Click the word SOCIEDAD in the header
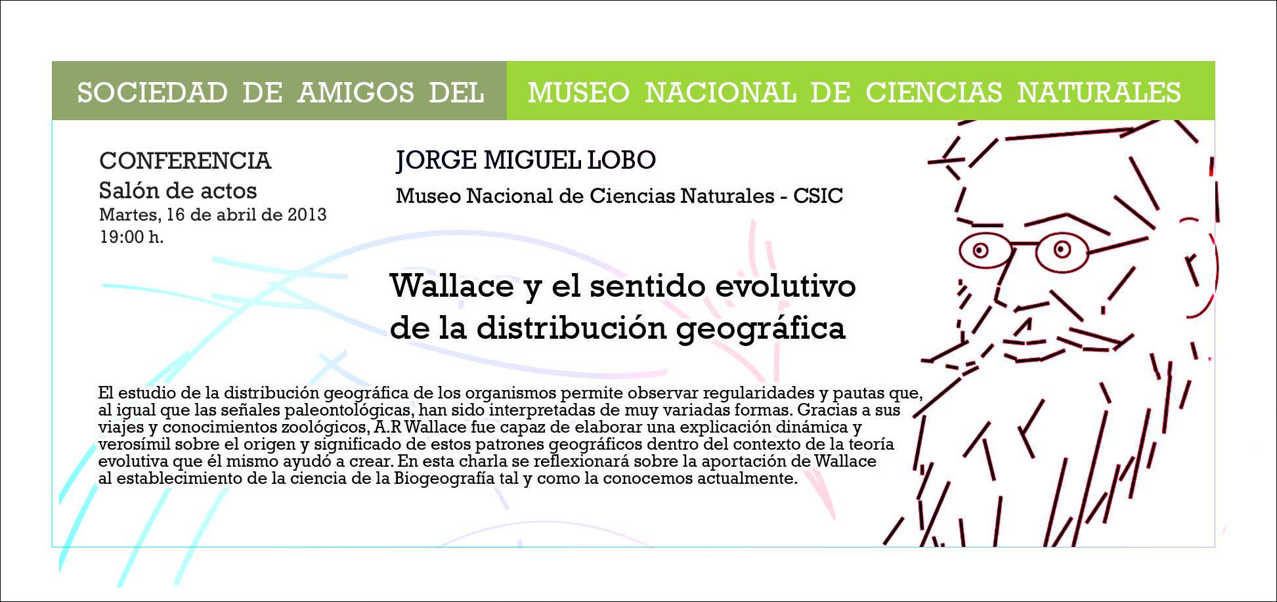click(152, 93)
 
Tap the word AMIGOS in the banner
click(355, 93)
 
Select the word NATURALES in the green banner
click(1099, 93)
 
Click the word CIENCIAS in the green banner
click(934, 93)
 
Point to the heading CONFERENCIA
click(185, 161)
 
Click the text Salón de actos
click(177, 190)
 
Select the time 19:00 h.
click(131, 237)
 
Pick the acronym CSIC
click(818, 196)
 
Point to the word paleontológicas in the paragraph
click(337, 410)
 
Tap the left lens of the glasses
click(982, 251)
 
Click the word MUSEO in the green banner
click(578, 93)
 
